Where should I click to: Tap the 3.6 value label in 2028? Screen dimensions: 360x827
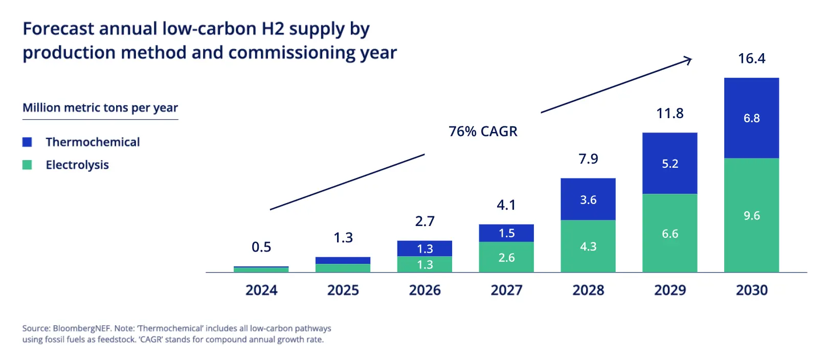click(588, 200)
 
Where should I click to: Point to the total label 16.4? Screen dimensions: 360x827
click(751, 58)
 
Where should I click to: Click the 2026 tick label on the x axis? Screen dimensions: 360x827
click(424, 290)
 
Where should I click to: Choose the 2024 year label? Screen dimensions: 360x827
click(261, 290)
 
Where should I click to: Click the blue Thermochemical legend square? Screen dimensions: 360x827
click(27, 142)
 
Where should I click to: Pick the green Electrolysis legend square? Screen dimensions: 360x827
click(27, 165)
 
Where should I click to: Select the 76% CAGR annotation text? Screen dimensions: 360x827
click(483, 131)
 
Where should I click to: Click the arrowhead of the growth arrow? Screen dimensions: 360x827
click(689, 60)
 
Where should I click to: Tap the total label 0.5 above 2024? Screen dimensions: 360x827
click(261, 247)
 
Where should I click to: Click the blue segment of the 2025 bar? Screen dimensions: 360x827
click(343, 260)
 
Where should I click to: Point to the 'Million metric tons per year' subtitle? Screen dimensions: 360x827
click(100, 108)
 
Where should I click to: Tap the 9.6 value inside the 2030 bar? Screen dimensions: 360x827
click(751, 216)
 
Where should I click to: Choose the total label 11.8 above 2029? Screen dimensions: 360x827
click(669, 113)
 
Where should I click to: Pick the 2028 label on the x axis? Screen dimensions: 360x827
click(588, 290)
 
